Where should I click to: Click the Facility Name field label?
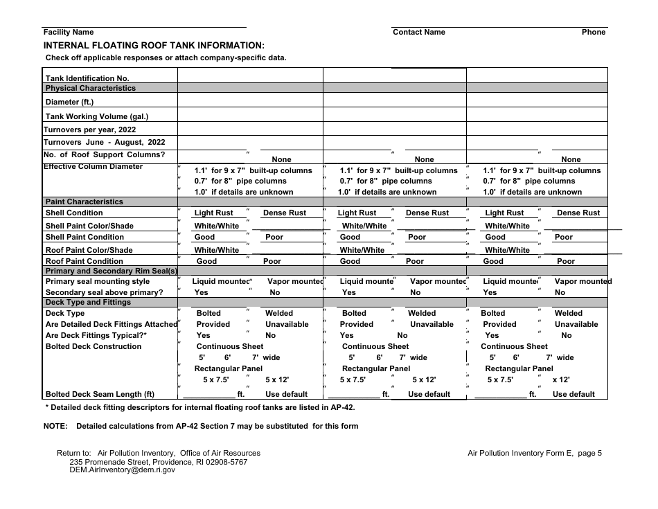point(69,33)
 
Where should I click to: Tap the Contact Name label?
point(419,33)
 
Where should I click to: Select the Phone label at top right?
point(593,33)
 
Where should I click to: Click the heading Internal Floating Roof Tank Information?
point(154,44)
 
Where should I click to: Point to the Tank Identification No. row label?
point(87,79)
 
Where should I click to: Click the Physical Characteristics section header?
point(91,89)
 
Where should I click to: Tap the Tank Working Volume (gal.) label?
point(97,117)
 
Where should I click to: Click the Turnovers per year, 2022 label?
point(90,130)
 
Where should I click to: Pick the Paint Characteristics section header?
point(84,202)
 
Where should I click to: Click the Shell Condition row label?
point(74,213)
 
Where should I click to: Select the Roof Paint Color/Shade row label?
point(89,251)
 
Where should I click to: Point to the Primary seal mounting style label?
point(98,282)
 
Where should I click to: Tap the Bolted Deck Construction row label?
point(94,347)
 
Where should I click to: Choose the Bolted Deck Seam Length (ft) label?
point(100,395)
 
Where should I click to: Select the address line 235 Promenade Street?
point(158,462)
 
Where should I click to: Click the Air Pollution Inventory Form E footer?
point(535,454)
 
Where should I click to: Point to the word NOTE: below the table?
point(55,427)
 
